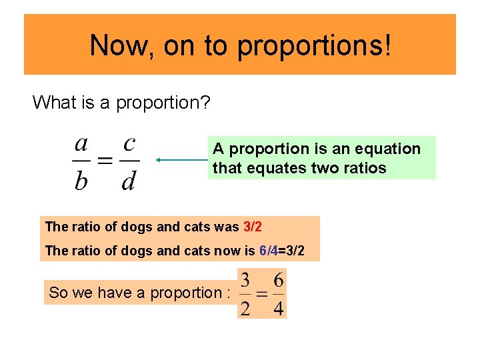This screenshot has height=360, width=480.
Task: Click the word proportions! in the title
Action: (x=314, y=45)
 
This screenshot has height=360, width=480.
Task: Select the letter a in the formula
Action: (x=81, y=143)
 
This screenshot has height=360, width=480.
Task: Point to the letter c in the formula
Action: (x=129, y=143)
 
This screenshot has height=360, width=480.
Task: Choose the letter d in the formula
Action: (x=129, y=180)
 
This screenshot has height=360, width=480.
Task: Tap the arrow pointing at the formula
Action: (x=181, y=160)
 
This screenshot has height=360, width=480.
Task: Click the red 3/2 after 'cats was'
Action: (x=253, y=227)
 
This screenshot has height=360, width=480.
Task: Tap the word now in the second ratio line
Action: (x=231, y=251)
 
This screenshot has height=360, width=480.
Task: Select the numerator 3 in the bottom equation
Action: (x=246, y=280)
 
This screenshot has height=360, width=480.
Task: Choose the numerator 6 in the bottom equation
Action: (x=278, y=280)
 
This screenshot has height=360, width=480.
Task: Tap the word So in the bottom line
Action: (x=58, y=293)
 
